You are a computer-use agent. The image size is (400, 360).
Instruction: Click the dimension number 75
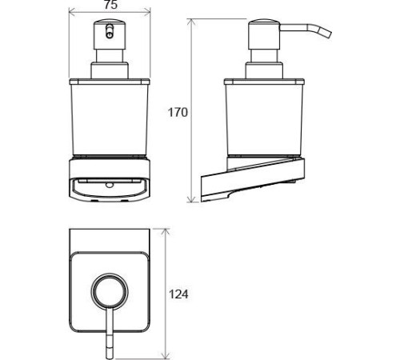[x=110, y=5]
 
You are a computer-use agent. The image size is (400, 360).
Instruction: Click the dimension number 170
[x=178, y=112]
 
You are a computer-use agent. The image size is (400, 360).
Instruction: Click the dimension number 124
[x=178, y=294]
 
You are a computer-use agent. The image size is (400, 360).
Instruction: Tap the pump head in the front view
[x=110, y=34]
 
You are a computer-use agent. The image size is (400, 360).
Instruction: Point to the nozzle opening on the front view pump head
[x=109, y=31]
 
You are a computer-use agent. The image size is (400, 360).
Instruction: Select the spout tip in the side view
[x=327, y=34]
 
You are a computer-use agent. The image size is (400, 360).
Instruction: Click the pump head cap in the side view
[x=264, y=34]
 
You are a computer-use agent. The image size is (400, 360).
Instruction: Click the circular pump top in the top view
[x=110, y=291]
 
